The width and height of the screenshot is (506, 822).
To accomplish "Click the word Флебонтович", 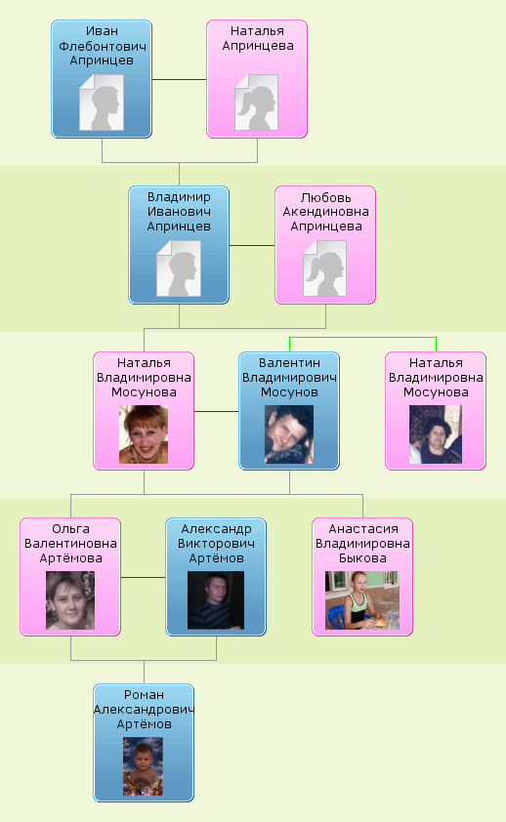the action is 103,46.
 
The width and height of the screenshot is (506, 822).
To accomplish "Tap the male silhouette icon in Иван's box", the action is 102,103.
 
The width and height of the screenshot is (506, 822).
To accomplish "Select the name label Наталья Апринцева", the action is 258,38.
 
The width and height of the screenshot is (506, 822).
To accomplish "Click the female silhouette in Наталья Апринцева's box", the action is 256,103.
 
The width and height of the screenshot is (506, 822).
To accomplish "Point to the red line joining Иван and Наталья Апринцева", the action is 180,80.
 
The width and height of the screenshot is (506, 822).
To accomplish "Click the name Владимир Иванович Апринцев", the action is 179,212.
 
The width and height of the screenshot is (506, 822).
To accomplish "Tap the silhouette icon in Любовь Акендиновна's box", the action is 325,268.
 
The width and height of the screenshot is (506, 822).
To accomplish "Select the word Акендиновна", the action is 325,212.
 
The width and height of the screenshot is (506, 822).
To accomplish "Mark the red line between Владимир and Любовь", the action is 252,245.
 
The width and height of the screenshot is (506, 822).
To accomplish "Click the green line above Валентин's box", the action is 362,338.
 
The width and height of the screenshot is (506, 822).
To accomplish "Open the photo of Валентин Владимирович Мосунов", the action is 289,434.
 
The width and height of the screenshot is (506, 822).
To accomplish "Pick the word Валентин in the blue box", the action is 289,363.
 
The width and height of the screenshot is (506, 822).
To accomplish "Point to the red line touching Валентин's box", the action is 217,412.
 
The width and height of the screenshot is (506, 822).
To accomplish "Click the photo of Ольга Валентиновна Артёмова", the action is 70,600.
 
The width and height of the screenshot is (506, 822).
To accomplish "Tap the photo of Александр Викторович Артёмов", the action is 216,600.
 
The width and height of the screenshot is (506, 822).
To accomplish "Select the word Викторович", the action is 216,544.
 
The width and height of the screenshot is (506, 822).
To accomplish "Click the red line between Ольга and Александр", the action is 144,578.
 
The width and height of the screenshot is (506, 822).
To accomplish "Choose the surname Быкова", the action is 362,558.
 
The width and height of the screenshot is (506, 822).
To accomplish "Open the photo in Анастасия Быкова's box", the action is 362,600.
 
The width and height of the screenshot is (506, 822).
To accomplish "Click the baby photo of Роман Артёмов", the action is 144,766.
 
